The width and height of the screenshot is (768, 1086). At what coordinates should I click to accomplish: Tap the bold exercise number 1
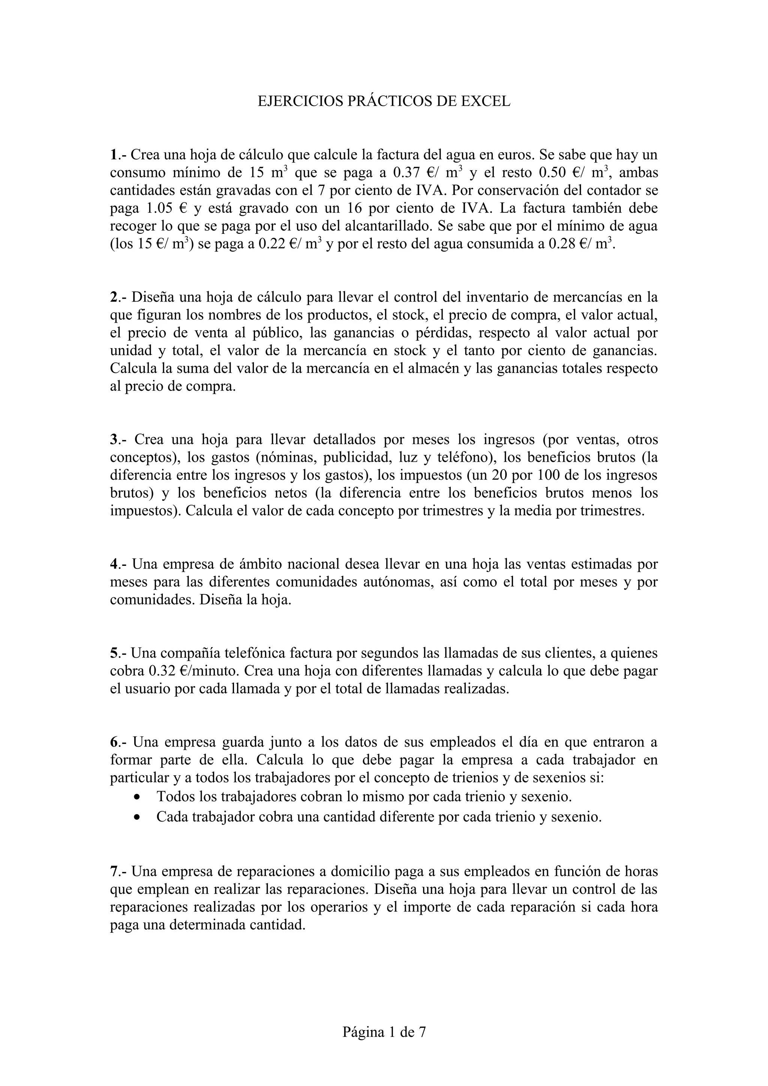click(113, 155)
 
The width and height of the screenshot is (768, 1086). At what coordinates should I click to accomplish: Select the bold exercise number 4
click(114, 564)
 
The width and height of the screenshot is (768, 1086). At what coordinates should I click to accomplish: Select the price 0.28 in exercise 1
click(561, 244)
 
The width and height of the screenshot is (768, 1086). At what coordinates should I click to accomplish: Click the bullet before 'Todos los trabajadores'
click(137, 797)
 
